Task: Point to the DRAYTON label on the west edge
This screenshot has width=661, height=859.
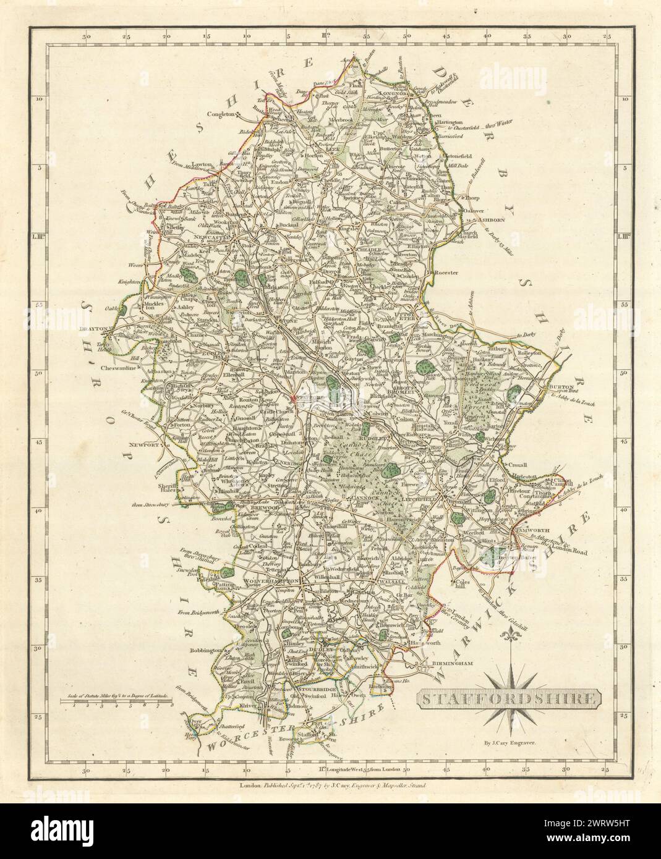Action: [94, 330]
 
